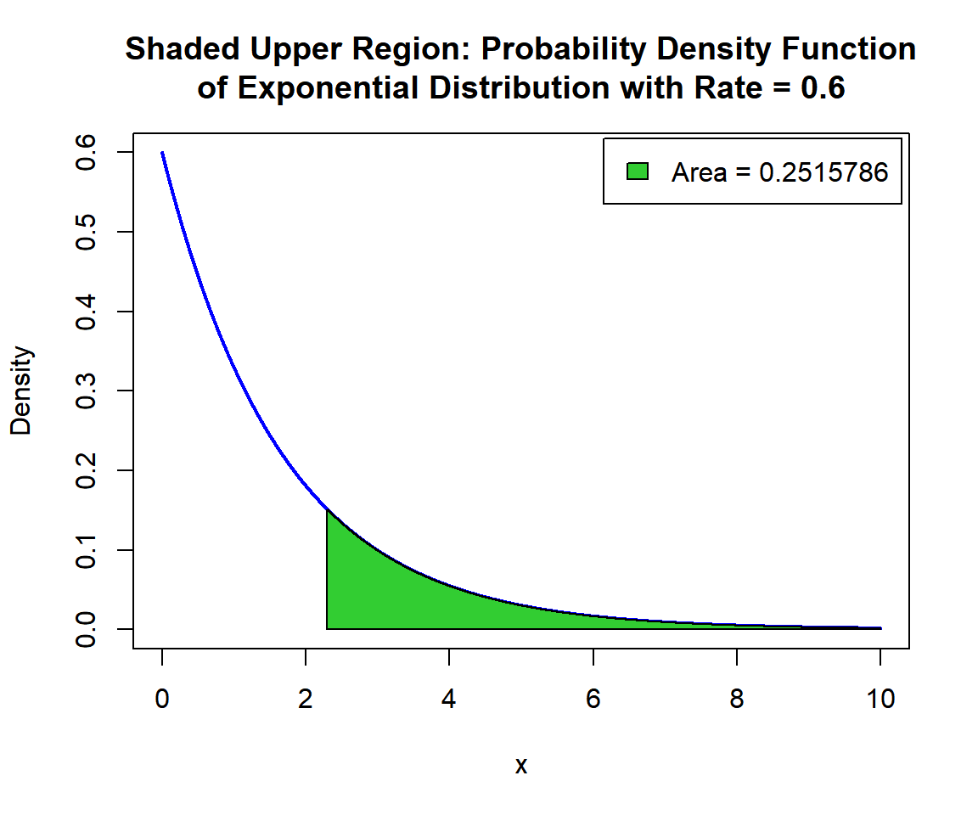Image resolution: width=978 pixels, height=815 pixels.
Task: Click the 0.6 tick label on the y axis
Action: tap(86, 153)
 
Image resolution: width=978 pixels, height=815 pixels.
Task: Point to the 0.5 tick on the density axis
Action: tap(86, 232)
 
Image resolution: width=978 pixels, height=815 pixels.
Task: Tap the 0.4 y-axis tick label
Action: tap(86, 312)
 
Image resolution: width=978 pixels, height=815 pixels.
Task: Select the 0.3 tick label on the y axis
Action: tap(86, 391)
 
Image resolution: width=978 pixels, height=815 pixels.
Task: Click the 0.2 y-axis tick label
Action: tap(86, 470)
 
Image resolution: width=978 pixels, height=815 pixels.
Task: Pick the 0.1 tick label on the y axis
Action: tap(86, 550)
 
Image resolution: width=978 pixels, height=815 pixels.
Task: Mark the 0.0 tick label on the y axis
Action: tap(86, 629)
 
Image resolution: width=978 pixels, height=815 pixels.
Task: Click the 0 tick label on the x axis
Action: tap(162, 700)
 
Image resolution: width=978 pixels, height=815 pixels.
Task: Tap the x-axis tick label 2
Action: tap(306, 700)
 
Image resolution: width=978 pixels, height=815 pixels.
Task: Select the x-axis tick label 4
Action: tap(449, 700)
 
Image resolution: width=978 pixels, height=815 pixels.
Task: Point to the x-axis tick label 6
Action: tap(593, 700)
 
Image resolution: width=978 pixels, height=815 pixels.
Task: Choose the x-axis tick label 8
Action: tap(737, 700)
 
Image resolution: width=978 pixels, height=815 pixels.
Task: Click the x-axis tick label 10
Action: tap(880, 700)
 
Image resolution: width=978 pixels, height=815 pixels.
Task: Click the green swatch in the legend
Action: tap(638, 171)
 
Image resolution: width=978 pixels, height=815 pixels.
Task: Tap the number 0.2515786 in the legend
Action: tap(823, 172)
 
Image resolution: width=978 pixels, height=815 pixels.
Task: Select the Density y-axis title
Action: tap(21, 391)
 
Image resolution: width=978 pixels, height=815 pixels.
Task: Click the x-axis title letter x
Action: tap(521, 766)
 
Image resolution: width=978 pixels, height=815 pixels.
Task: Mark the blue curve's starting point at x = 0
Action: tap(162, 153)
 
